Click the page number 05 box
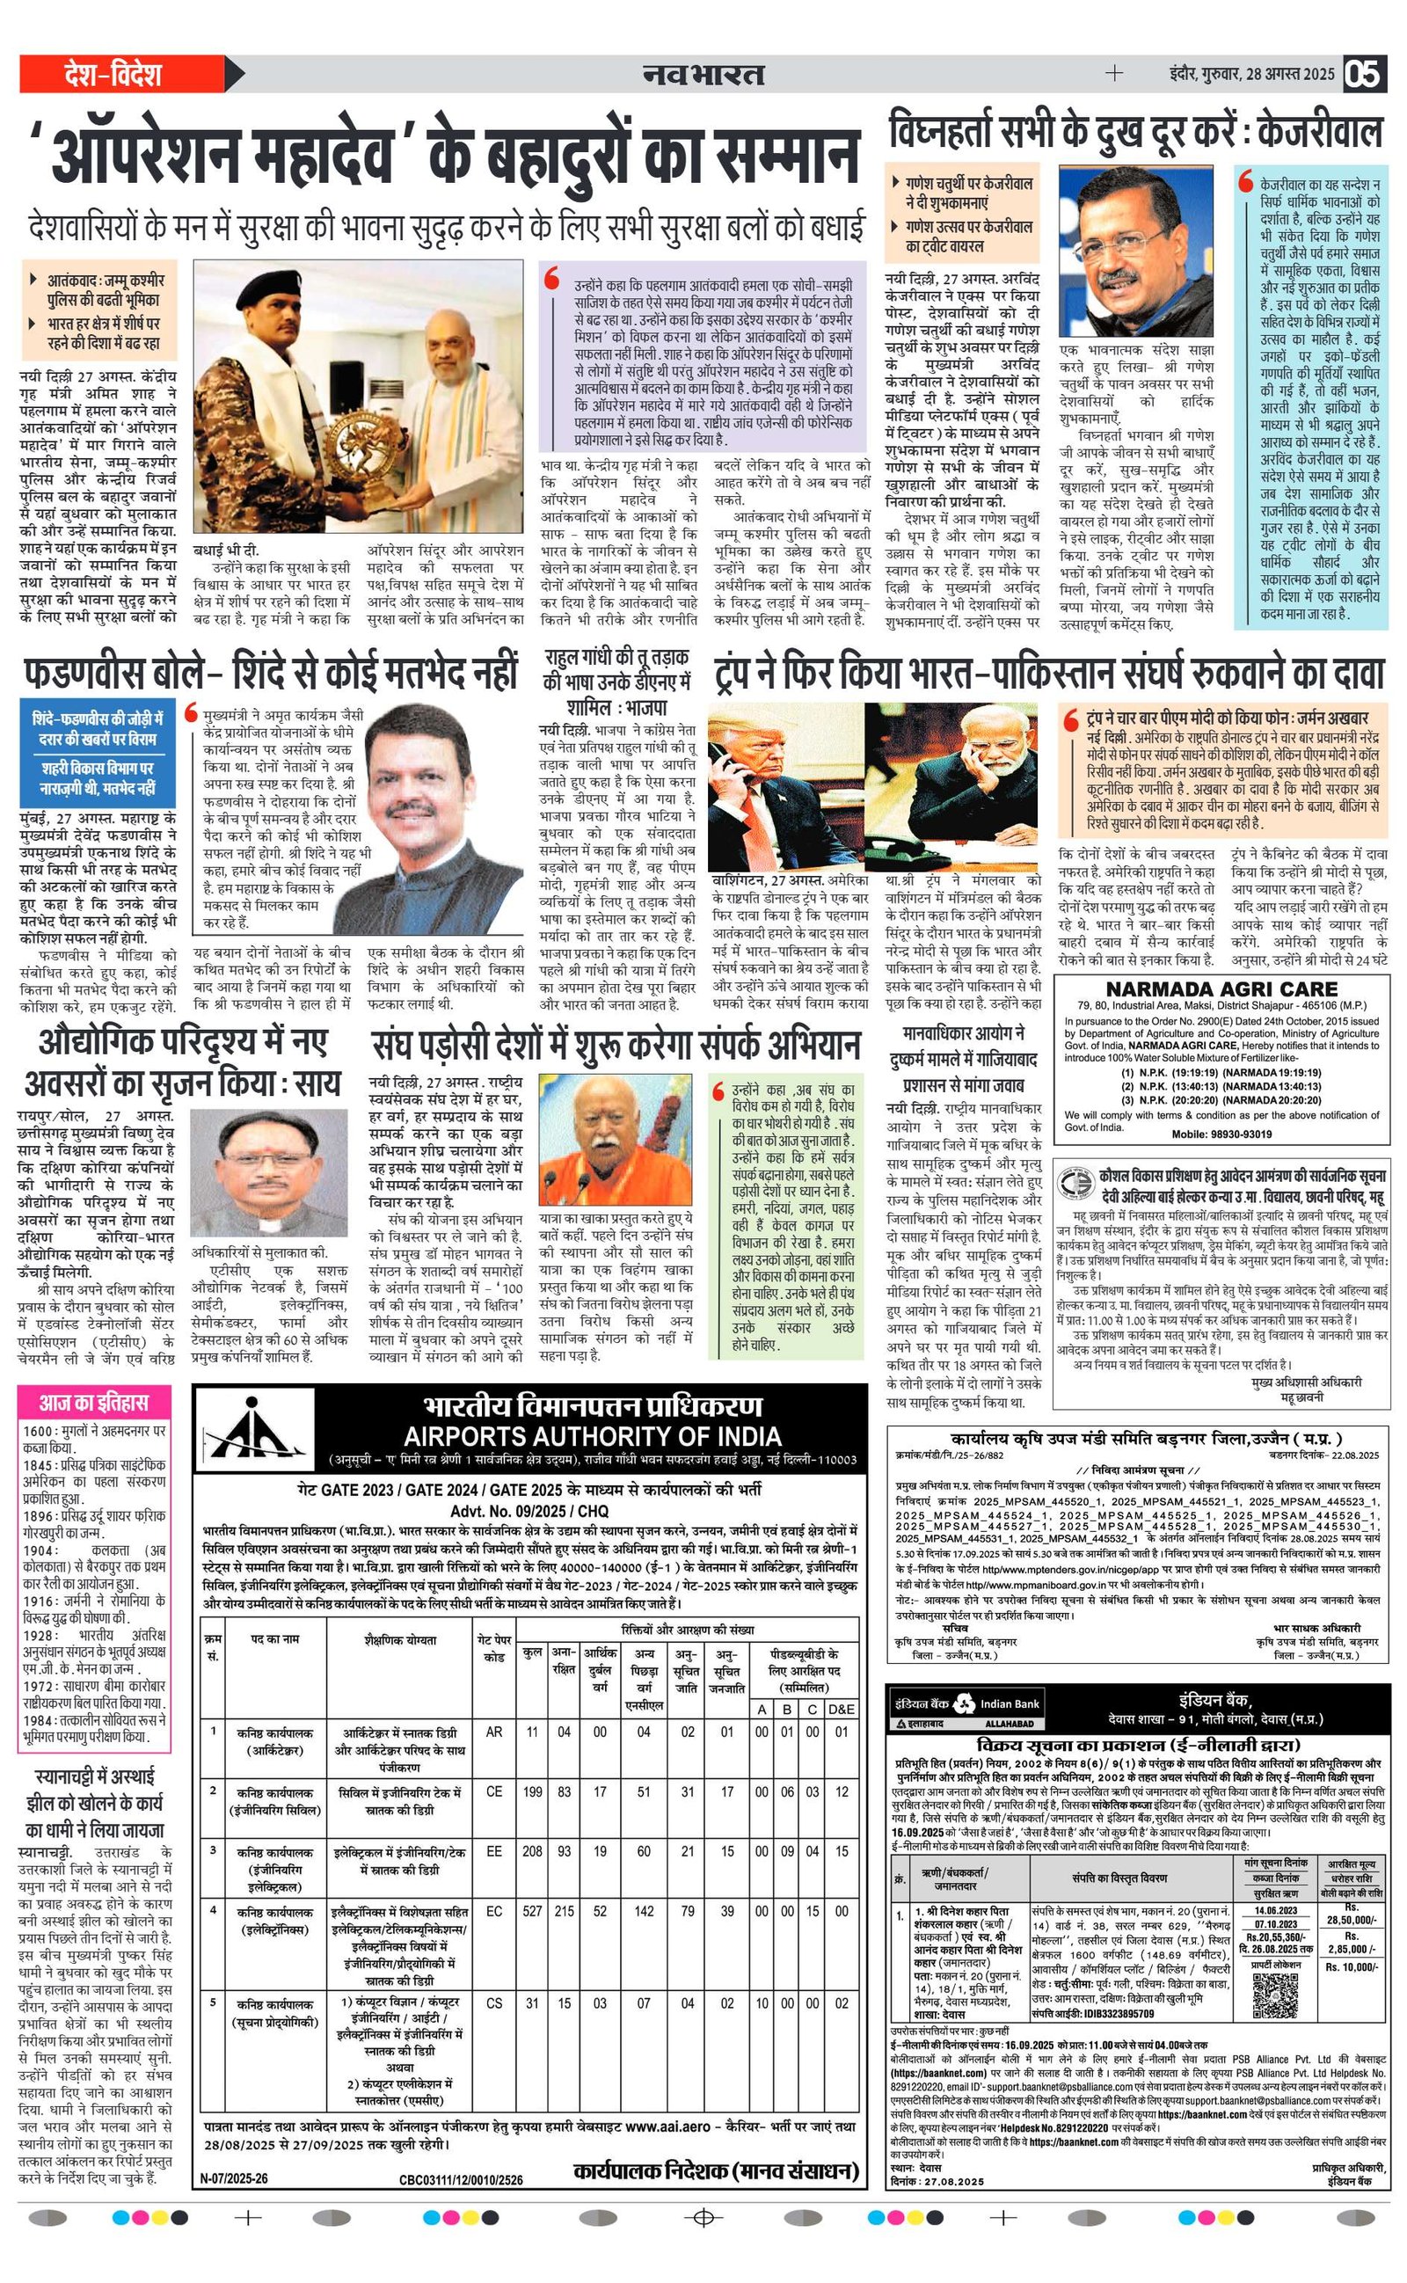[1363, 75]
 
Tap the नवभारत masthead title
[703, 75]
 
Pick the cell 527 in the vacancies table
[532, 1912]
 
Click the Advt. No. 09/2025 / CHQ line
[529, 1511]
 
